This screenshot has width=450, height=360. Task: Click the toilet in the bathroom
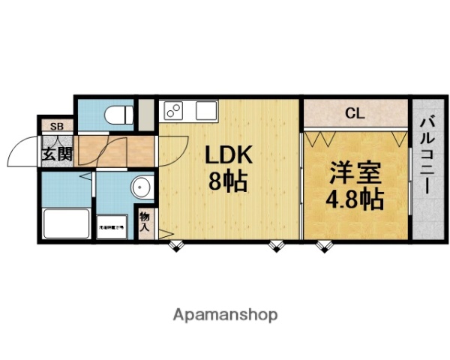116,114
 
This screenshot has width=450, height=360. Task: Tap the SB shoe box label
56,126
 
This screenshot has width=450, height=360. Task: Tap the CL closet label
355,115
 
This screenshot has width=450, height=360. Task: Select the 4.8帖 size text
355,199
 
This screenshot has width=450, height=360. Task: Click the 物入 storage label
145,220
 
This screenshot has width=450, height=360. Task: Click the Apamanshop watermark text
225,314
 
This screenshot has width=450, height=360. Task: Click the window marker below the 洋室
324,245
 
